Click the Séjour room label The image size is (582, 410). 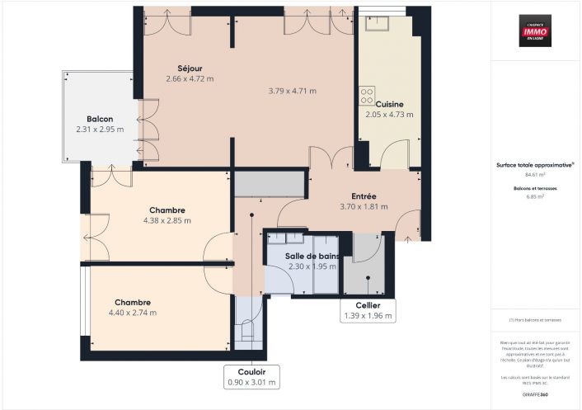[x=190, y=68]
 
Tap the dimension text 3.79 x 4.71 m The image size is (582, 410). [x=293, y=91]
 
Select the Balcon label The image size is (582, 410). [x=100, y=119]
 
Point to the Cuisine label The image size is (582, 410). [x=389, y=104]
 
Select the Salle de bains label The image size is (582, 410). [x=312, y=256]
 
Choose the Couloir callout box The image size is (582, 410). [x=252, y=377]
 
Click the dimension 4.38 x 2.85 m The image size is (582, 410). [x=167, y=221]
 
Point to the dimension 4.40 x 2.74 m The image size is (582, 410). [x=132, y=313]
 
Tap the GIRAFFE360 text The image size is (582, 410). [x=536, y=394]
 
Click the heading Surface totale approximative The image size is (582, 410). [x=534, y=164]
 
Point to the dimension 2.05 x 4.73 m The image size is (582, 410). [x=389, y=115]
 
